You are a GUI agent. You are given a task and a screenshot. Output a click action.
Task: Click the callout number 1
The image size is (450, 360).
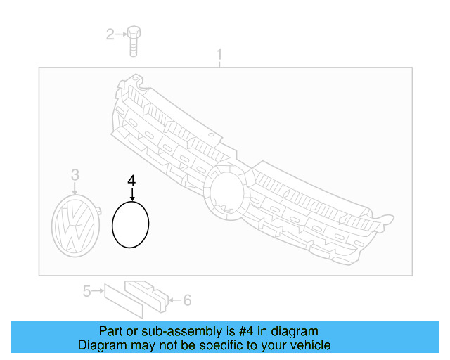(219, 53)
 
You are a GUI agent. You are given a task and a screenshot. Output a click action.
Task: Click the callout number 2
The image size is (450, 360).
(110, 33)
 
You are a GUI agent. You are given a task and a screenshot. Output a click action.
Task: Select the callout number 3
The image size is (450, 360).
(75, 175)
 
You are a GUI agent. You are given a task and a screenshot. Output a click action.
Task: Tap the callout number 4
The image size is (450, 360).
(131, 181)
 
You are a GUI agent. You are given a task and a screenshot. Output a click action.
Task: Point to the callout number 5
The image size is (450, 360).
(86, 290)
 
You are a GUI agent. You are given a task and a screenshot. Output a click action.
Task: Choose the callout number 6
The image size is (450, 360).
(187, 300)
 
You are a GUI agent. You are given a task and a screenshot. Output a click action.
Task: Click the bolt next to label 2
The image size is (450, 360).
(134, 39)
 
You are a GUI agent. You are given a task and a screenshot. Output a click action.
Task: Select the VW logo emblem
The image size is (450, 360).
(75, 223)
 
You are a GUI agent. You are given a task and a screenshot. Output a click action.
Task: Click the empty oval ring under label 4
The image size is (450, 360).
(131, 224)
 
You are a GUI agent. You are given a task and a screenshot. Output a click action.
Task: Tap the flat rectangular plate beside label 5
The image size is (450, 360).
(115, 297)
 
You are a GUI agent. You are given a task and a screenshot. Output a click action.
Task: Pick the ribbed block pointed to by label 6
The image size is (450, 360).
(148, 295)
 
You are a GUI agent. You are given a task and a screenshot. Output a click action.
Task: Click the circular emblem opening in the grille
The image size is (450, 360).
(226, 190)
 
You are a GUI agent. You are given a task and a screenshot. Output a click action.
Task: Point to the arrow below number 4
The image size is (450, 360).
(131, 194)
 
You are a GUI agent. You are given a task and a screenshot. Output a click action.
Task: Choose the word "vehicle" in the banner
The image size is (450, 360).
(310, 345)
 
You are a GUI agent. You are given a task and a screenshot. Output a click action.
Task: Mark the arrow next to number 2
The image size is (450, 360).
(121, 33)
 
